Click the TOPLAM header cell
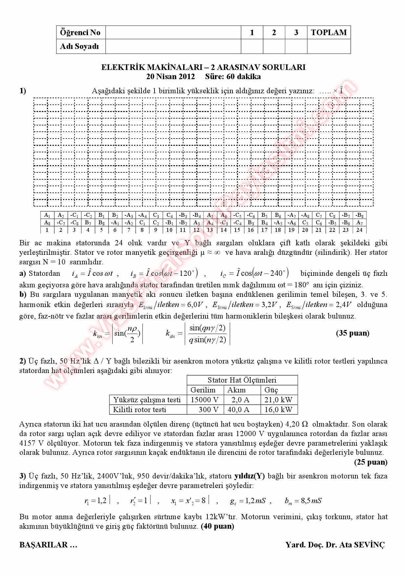tap(329, 33)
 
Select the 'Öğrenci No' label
tap(80, 33)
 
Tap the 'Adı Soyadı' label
tap(79, 46)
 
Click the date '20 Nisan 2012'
tap(170, 77)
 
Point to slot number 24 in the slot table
tap(359, 230)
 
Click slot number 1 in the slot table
tap(47, 230)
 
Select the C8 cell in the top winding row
tap(332, 215)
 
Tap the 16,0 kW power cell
tap(278, 410)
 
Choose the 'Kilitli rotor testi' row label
tap(139, 410)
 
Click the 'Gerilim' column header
tap(203, 390)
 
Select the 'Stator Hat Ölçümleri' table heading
tap(242, 380)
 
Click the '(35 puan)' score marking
tap(353, 333)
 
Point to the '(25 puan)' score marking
tap(371, 462)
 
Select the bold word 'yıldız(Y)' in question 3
tap(249, 476)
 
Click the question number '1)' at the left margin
tap(23, 91)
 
